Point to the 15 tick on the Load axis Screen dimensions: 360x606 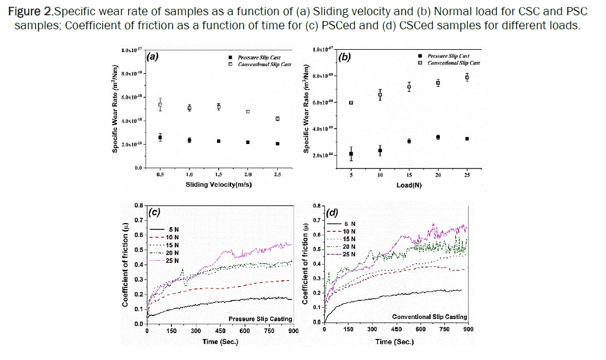click(x=409, y=175)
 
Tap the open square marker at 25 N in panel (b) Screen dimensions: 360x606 click(x=467, y=77)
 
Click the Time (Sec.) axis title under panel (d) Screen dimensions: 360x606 click(x=396, y=341)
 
